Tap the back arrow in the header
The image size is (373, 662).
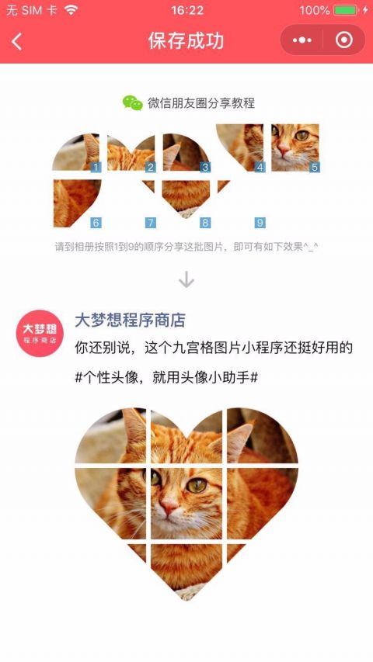click(x=16, y=42)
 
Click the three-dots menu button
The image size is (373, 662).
click(x=302, y=40)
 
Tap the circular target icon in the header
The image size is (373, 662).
click(x=343, y=40)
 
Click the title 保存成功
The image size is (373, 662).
click(x=186, y=41)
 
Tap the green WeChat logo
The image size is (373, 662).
click(x=133, y=103)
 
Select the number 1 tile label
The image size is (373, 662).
click(x=96, y=167)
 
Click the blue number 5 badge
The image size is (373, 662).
click(x=314, y=167)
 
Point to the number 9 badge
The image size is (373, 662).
click(x=260, y=223)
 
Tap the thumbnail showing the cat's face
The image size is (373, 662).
click(x=295, y=147)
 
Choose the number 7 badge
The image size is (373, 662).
click(x=150, y=223)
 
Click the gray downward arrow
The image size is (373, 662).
click(x=186, y=279)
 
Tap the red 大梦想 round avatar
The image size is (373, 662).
click(x=40, y=334)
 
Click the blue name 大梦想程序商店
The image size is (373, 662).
click(x=131, y=321)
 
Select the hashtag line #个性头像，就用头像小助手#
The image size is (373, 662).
click(x=166, y=377)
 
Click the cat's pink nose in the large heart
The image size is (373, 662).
click(x=169, y=506)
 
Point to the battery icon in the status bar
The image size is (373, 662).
click(x=345, y=10)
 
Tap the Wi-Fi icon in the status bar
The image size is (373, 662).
click(x=71, y=10)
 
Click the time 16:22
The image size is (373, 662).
click(x=187, y=10)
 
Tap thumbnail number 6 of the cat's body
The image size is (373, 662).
click(x=77, y=203)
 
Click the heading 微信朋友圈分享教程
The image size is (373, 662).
click(x=201, y=103)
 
